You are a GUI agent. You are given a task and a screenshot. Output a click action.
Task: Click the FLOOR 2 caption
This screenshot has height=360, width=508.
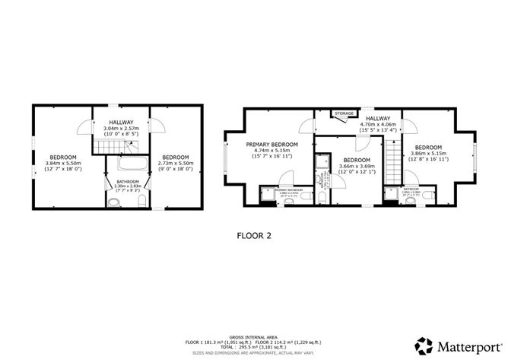[x=254, y=236]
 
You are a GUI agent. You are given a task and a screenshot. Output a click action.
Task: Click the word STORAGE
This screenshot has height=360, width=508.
[x=344, y=113]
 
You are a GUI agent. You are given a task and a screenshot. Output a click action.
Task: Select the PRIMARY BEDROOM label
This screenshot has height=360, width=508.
[x=271, y=144]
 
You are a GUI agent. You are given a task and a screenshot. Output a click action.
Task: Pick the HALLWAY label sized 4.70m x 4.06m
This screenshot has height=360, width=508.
[x=378, y=119]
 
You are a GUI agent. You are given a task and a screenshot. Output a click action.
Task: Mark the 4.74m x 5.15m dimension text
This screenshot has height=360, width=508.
[x=271, y=151]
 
